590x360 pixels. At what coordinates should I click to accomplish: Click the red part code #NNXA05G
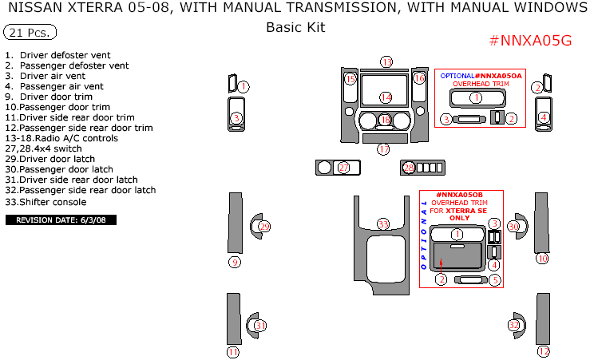coord(529,41)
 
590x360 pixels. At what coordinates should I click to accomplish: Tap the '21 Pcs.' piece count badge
coord(30,33)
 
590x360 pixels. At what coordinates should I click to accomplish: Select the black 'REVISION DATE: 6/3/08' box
coord(61,220)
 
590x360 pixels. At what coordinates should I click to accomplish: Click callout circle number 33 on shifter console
coord(384,224)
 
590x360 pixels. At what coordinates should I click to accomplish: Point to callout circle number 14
coord(386,97)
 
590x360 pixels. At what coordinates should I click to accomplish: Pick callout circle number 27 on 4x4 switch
coord(343,168)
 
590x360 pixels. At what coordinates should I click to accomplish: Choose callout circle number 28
coord(409,168)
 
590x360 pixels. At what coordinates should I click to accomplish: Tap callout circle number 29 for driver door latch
coord(264,227)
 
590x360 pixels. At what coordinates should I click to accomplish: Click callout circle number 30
coord(514,227)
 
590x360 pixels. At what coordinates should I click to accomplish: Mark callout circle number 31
coord(260,326)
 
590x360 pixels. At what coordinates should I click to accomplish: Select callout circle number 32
coord(514,326)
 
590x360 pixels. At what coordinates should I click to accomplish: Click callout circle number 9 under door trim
coord(234,262)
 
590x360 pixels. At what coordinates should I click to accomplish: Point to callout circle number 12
coord(544,351)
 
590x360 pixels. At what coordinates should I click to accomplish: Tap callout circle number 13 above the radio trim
coord(386,62)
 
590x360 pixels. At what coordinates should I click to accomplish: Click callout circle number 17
coord(384,149)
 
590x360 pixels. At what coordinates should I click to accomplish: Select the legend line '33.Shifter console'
coord(46,202)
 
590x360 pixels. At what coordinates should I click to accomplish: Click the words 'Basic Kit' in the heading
coord(295,27)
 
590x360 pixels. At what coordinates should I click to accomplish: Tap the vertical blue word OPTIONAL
coord(424,235)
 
